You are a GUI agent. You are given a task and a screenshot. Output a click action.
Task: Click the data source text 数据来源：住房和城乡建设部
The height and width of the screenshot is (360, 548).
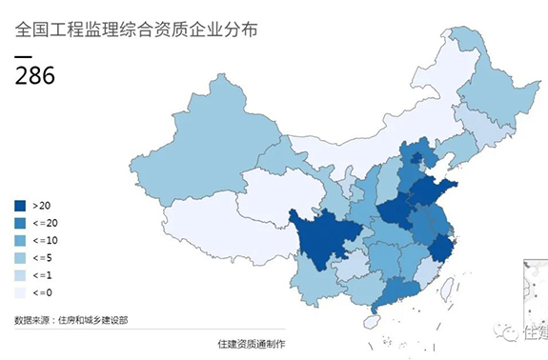click(71, 320)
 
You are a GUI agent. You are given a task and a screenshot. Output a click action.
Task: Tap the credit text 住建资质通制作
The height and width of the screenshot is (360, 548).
click(252, 343)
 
